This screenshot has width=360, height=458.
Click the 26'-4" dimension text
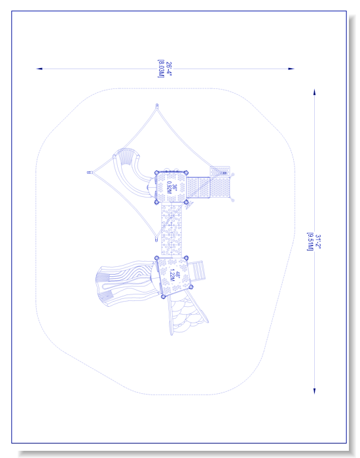[x=169, y=69]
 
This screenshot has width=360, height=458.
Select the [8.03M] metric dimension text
[x=161, y=69]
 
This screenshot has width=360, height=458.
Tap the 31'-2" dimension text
[x=318, y=241]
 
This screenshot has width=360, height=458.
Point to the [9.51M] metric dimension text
[x=310, y=241]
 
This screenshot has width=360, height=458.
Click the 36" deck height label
[x=175, y=187]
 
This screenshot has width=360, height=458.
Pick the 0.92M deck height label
[x=169, y=187]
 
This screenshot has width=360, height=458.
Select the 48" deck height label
[x=177, y=275]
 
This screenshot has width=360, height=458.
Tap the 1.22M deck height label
[x=172, y=275]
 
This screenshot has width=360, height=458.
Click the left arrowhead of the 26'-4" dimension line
[x=39, y=69]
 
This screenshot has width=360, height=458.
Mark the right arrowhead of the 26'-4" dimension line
[x=291, y=69]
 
